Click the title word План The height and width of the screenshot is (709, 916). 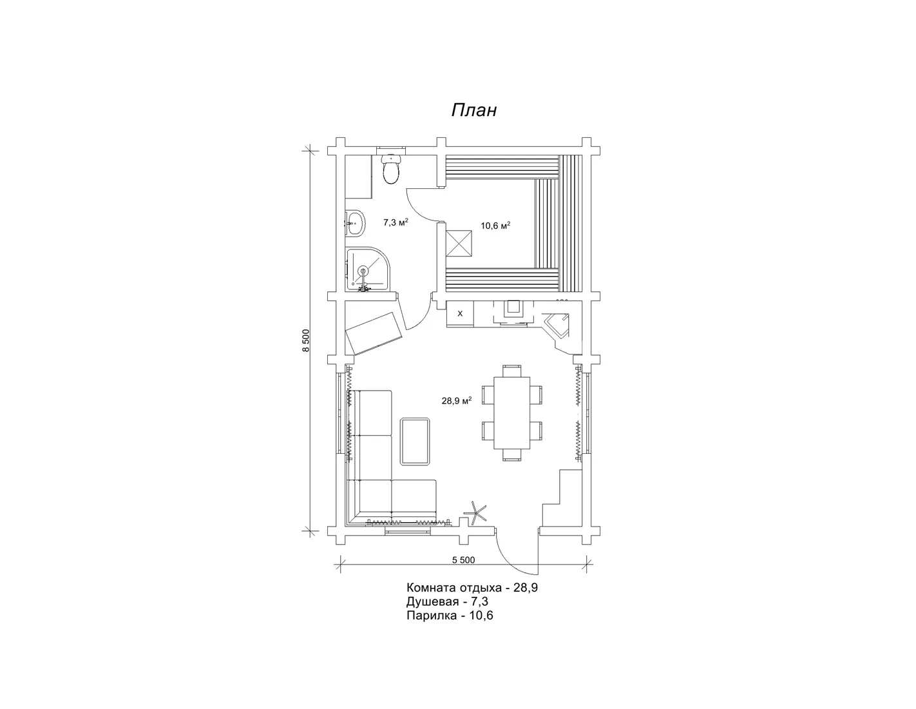[474, 110]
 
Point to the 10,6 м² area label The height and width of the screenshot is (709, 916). [496, 226]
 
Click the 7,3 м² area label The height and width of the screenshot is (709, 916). [396, 222]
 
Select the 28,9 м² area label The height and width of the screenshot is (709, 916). [457, 401]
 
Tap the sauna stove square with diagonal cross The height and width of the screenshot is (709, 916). [459, 243]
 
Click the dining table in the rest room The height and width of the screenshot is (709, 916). [511, 413]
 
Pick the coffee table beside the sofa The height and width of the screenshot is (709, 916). [415, 442]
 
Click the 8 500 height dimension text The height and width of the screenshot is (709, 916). [307, 340]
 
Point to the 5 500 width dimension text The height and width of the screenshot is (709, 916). [463, 560]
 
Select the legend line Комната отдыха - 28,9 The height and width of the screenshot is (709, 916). [472, 588]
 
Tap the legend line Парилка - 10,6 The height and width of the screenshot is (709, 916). [450, 616]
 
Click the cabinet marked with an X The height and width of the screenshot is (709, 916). [460, 313]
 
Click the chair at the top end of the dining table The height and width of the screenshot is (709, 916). [511, 371]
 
